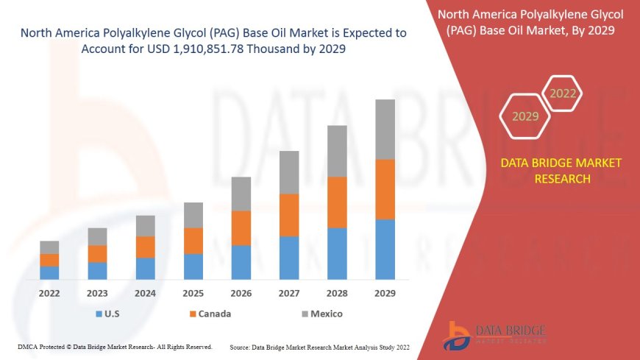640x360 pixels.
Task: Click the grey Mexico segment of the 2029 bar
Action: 385,130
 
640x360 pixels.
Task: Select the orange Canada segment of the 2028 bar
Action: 337,202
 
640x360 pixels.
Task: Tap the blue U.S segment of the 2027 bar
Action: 289,258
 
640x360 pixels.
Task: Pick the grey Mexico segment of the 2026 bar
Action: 241,194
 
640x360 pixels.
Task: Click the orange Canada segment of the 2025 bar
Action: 193,241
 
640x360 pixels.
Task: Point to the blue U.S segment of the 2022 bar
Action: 49,272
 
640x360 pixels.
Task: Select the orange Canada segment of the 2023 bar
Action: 97,254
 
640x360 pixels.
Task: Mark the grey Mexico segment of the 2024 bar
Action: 146,226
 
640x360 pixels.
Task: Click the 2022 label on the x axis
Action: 49,293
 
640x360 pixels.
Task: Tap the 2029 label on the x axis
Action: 385,293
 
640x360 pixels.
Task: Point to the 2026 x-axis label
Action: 241,293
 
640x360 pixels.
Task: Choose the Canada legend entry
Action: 210,314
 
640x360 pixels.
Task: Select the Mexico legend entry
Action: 321,314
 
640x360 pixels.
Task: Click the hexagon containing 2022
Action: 563,93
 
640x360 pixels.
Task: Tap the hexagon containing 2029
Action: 525,116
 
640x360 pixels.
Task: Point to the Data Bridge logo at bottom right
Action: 494,335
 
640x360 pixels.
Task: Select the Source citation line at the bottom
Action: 320,347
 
